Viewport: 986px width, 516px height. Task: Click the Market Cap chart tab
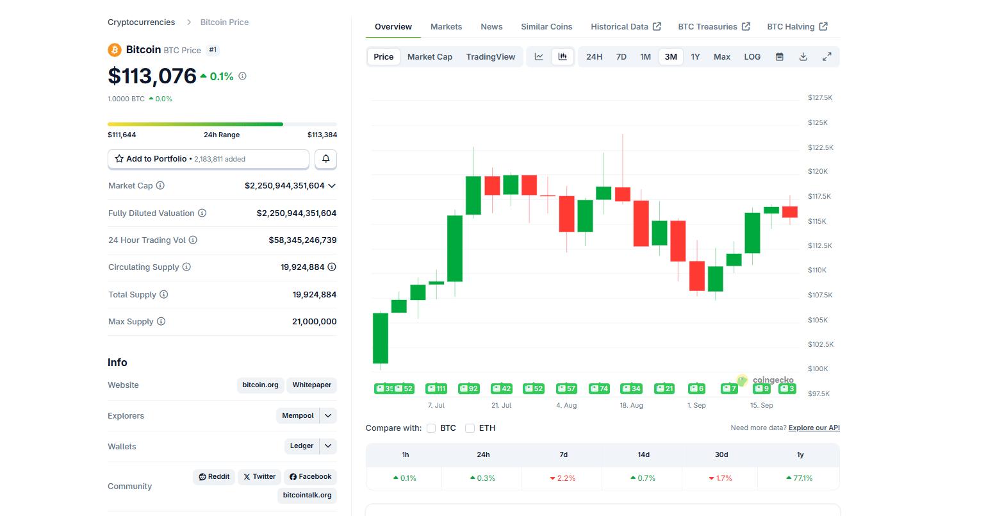[429, 56]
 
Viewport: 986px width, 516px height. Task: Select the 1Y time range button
[695, 56]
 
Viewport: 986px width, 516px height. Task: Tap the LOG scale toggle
[752, 56]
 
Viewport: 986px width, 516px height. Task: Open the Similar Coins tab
[546, 26]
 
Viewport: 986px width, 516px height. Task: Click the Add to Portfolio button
[208, 159]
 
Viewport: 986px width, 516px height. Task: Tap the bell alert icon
[325, 159]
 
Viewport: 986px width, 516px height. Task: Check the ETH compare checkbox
[470, 428]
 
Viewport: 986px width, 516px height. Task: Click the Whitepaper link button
[311, 385]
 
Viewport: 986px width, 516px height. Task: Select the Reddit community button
[214, 477]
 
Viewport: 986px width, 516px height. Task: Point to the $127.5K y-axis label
[819, 98]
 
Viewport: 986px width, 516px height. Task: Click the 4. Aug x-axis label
[566, 405]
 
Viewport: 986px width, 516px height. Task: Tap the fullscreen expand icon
[826, 56]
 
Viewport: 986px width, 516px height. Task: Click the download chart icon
[803, 56]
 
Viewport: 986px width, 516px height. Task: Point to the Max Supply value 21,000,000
[314, 322]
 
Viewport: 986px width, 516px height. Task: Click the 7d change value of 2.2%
[563, 478]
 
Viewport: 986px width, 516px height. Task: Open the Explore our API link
[814, 428]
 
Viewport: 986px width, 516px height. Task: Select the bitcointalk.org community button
[307, 495]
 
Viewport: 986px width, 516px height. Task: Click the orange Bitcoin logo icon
[115, 50]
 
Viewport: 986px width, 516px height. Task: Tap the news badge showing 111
[436, 388]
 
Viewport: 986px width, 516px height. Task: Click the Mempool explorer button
[298, 415]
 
